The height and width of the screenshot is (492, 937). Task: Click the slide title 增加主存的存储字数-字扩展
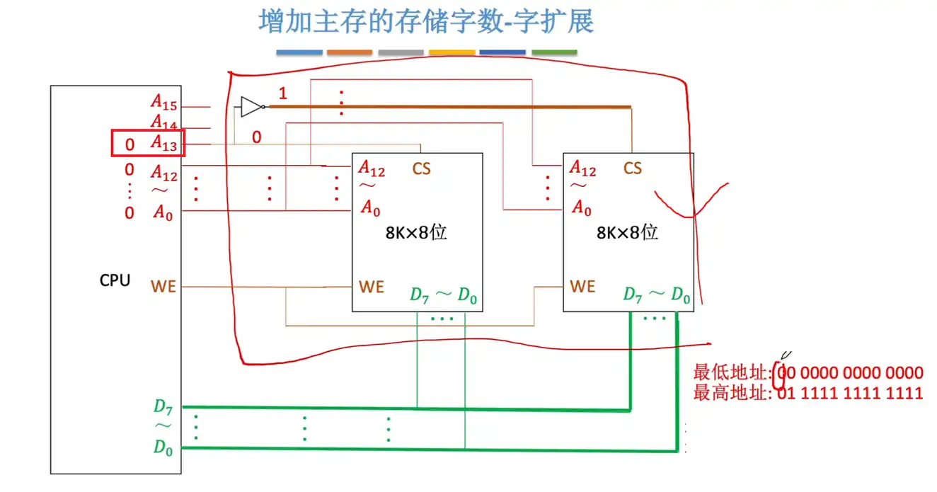pos(426,22)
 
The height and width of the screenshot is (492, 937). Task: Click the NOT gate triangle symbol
pos(251,106)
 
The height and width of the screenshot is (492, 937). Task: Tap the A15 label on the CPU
pos(163,103)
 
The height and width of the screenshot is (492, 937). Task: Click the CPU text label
pos(115,280)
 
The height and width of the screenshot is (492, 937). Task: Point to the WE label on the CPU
pos(163,287)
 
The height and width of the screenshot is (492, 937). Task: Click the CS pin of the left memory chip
pos(421,168)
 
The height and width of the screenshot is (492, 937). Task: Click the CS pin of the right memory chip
pos(633,168)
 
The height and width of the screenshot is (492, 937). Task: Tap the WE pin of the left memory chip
pos(372,287)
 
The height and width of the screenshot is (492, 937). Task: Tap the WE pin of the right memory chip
pos(582,287)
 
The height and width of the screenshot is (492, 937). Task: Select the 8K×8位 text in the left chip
pos(416,232)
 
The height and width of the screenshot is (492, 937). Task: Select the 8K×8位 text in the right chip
pos(627,232)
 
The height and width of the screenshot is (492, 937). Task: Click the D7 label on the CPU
pos(163,406)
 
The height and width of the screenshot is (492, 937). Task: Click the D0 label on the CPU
pos(163,447)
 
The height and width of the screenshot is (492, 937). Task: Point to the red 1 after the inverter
pos(283,93)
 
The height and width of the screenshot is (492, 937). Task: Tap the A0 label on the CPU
pos(163,212)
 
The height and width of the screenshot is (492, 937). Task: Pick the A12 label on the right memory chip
pos(583,168)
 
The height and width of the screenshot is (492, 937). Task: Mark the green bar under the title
pos(554,52)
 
